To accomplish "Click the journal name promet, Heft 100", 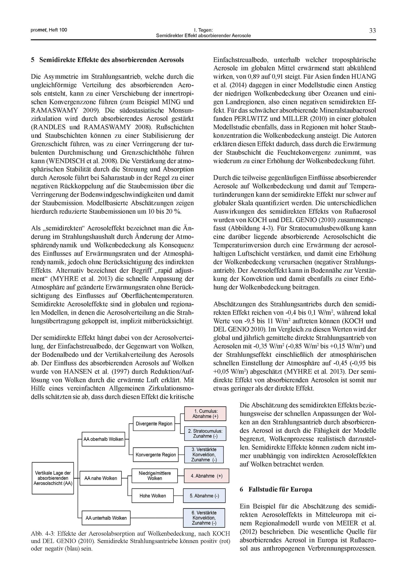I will click(x=49, y=30).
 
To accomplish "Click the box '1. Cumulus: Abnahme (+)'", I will click(x=205, y=414).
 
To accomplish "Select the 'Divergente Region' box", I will click(x=154, y=424).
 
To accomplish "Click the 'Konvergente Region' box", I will click(x=156, y=454).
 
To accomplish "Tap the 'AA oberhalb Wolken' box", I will click(x=103, y=439).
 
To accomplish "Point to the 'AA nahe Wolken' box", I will click(x=100, y=478).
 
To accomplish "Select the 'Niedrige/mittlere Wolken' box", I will click(x=155, y=476).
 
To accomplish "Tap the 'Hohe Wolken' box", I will click(x=152, y=496).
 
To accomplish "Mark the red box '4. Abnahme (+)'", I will click(x=206, y=476).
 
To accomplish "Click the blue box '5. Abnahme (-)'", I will click(x=204, y=496).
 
